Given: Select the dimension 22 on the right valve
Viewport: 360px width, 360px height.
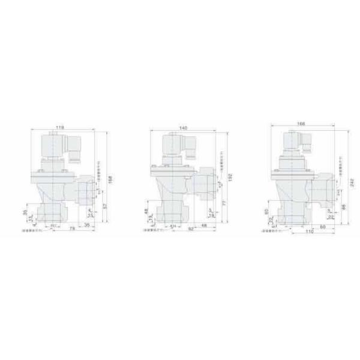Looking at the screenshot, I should coord(331,217).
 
